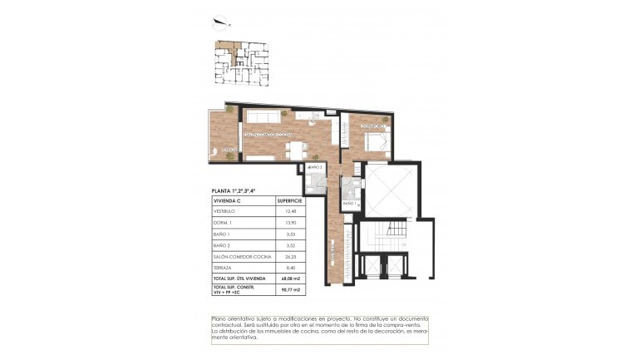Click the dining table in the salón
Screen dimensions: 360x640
[297, 150]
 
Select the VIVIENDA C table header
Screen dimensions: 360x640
[228, 201]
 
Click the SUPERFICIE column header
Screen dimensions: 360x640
[289, 201]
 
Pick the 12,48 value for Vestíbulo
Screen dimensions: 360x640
[289, 211]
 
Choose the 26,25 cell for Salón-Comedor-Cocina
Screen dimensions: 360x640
[289, 257]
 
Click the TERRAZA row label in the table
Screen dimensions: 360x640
[224, 268]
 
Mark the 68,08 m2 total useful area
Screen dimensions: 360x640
[288, 278]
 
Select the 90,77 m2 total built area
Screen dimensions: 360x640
[288, 289]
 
